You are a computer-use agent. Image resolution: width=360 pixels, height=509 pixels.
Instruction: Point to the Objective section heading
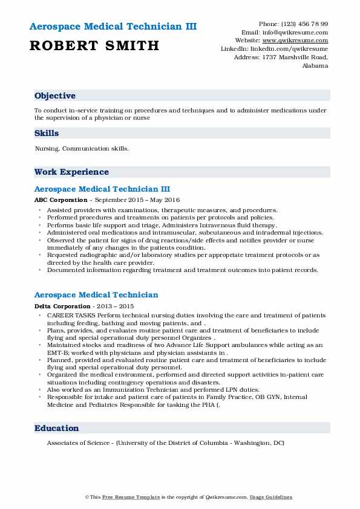point(55,96)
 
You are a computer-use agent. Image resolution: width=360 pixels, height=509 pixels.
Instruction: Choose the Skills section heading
point(47,132)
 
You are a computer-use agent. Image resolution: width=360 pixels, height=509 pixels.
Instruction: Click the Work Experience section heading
point(71,172)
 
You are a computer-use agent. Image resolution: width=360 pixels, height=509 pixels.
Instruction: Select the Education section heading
point(57,428)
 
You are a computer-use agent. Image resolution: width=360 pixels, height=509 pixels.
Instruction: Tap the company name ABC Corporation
point(60,199)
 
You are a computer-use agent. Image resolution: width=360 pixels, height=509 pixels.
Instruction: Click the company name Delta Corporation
point(61,306)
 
